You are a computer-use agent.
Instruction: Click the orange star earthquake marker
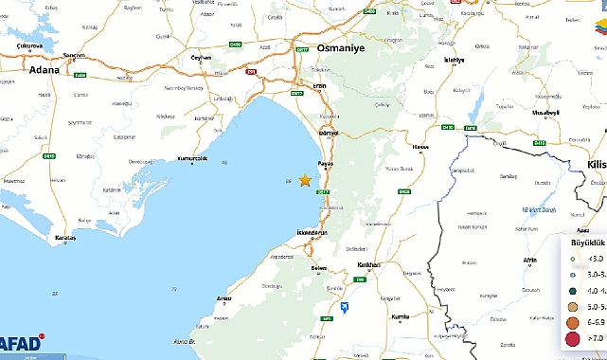pyautogui.click(x=305, y=180)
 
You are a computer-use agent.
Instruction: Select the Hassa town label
pyautogui.click(x=420, y=148)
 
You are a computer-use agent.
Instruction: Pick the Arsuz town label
pyautogui.click(x=224, y=298)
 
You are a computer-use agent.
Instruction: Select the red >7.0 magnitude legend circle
pyautogui.click(x=571, y=338)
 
